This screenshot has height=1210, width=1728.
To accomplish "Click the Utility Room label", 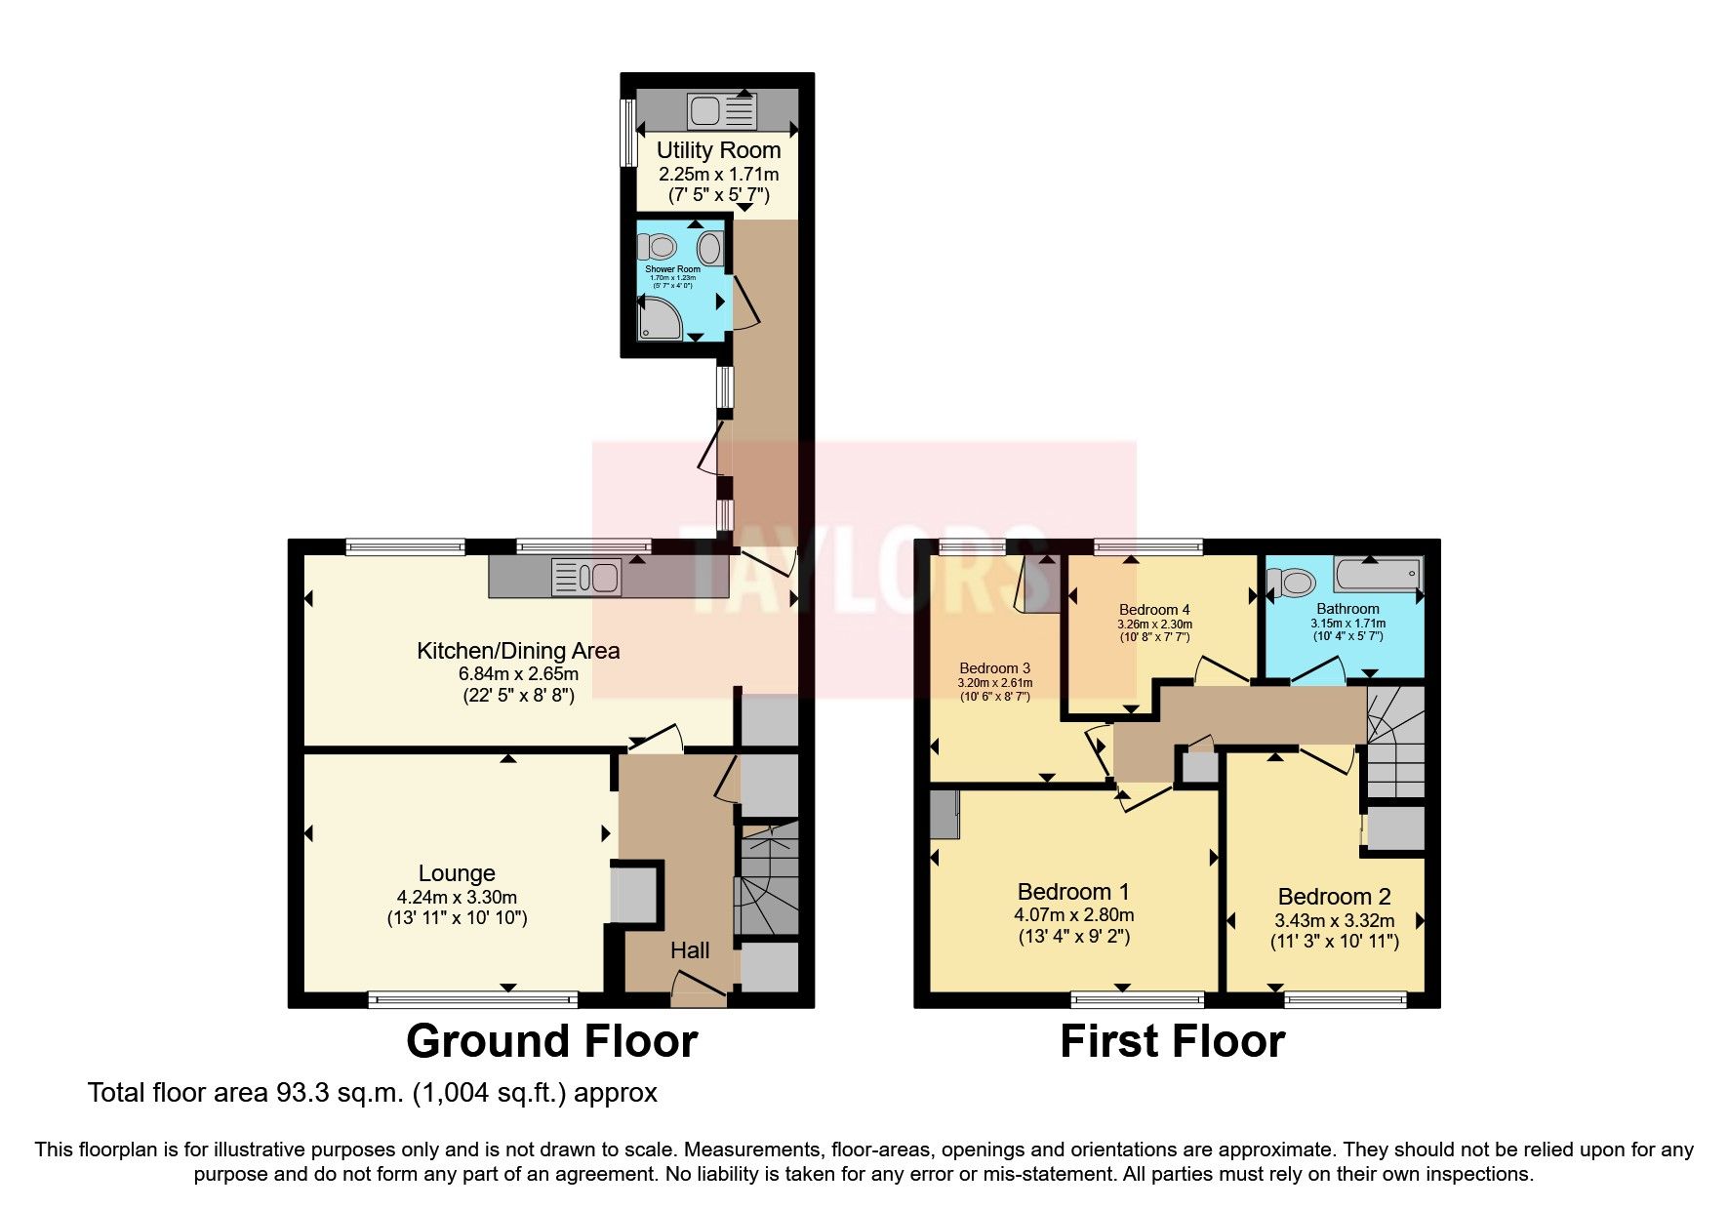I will point(718,150).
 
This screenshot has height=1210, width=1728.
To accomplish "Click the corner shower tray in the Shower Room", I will point(660,319).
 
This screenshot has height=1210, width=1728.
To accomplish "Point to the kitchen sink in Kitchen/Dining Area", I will point(585,577).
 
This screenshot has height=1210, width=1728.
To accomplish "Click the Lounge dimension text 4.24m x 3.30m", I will point(457,897).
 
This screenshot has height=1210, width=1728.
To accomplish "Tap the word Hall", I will point(689,950).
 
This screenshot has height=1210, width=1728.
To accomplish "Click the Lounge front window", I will point(472,998).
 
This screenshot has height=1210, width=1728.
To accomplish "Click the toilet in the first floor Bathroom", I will point(1291,584).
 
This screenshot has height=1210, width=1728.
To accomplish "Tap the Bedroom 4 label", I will point(1154,610).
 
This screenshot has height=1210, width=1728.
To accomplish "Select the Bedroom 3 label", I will point(994,668).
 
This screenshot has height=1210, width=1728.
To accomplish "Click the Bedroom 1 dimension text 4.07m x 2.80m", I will point(1073,915).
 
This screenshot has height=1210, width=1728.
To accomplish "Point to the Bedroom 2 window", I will point(1345,998).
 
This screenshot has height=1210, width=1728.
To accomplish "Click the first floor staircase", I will point(1395,742).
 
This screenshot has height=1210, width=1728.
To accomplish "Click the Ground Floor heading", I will point(551,1041).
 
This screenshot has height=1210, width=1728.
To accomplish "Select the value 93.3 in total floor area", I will point(297,1093).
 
